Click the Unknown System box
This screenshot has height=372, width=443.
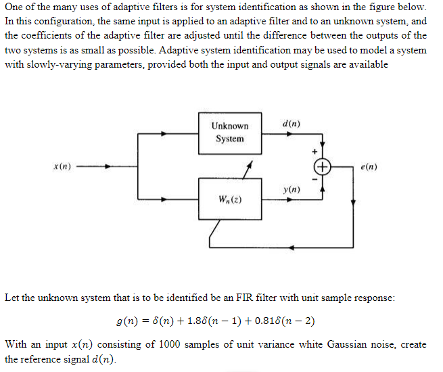point(230,132)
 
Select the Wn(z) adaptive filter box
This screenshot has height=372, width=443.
point(230,199)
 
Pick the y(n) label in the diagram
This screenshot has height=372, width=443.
point(292,191)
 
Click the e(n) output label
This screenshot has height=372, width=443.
point(369,166)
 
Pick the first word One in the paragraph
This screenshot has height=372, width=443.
point(14,7)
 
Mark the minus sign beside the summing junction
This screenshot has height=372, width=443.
point(314,178)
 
